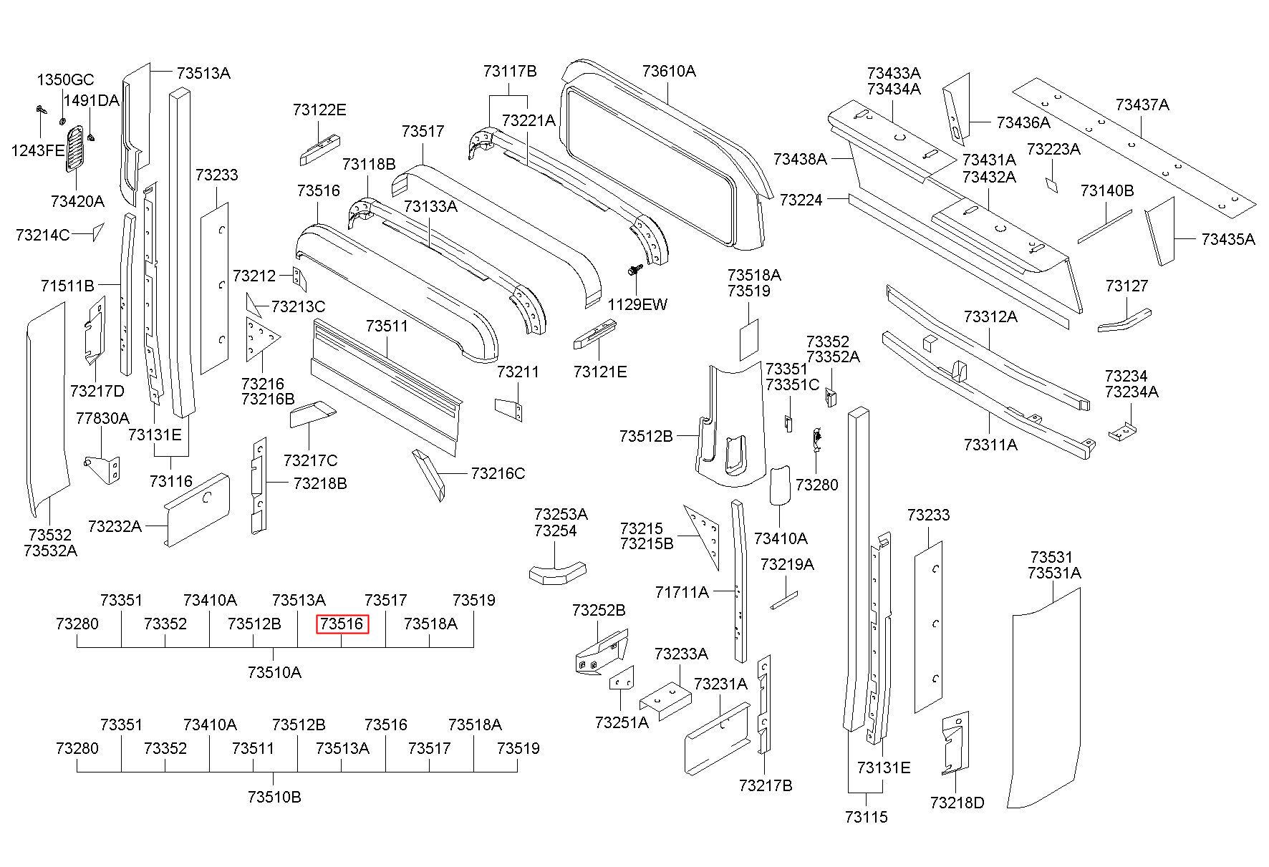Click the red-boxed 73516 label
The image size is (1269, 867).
click(x=342, y=624)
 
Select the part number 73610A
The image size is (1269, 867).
click(x=669, y=71)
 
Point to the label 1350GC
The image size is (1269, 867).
click(x=65, y=79)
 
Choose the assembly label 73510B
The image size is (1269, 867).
click(x=274, y=797)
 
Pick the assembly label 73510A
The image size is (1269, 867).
click(x=274, y=672)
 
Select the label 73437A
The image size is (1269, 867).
click(x=1142, y=105)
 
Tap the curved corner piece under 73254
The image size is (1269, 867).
click(x=558, y=573)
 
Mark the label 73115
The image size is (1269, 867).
click(x=866, y=817)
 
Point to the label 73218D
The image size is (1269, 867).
click(x=957, y=803)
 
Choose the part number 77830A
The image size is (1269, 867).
click(x=102, y=418)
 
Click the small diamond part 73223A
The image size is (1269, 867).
click(x=1051, y=185)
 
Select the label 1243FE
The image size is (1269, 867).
click(x=38, y=150)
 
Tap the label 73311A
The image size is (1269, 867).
click(x=990, y=445)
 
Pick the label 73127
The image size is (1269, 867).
click(x=1126, y=286)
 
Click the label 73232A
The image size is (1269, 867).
click(x=115, y=526)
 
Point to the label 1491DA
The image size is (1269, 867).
click(x=91, y=100)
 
